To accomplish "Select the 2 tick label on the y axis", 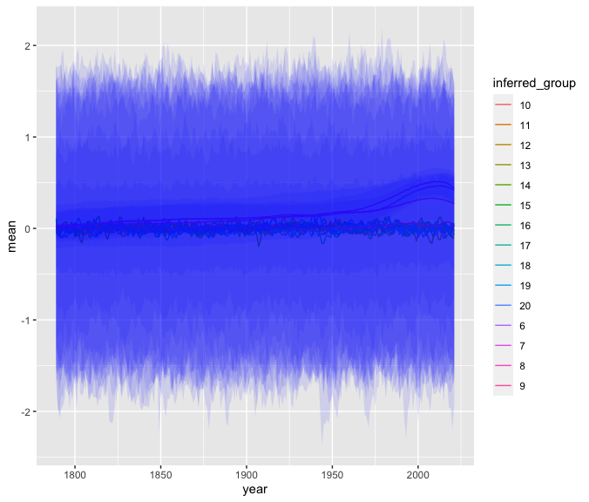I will point(29,45).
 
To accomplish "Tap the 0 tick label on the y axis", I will point(29,228).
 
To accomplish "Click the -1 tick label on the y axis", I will point(26,320).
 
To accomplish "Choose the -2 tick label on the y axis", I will point(26,411).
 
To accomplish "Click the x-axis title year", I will point(255,491).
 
